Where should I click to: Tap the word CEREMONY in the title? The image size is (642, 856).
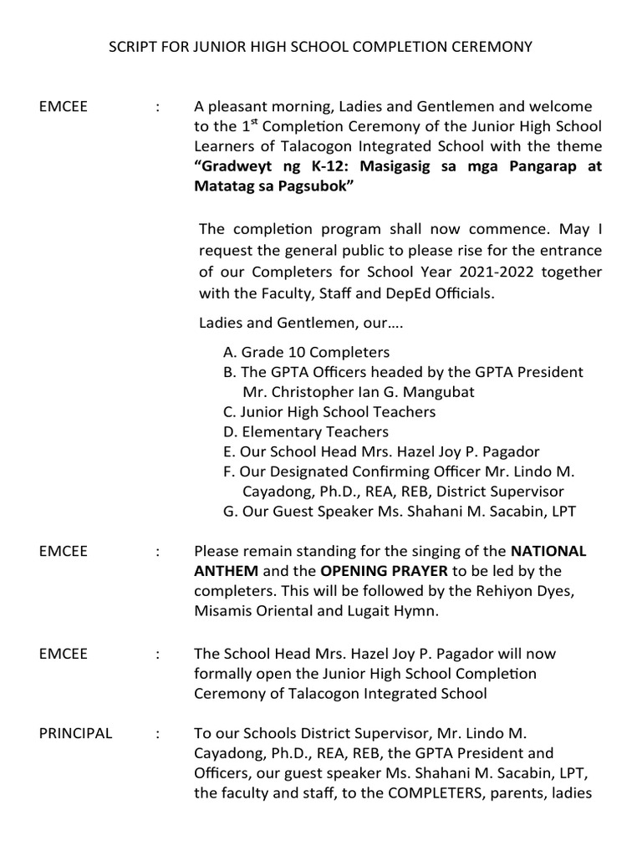tap(492, 48)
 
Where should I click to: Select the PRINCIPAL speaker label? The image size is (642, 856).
tap(75, 733)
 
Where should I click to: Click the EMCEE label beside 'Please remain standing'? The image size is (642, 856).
tap(64, 551)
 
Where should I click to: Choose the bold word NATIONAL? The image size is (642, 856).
tap(548, 551)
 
